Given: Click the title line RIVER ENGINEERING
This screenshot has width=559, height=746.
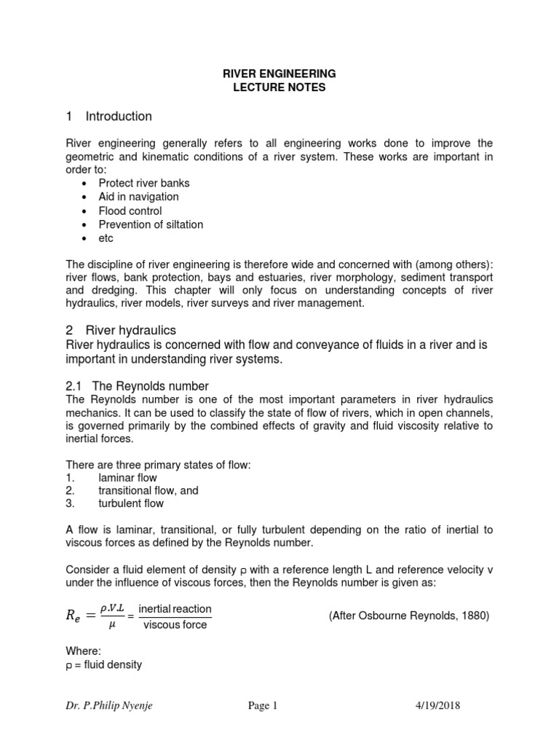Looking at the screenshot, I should (x=279, y=74).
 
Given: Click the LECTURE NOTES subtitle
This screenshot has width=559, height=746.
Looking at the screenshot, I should (x=279, y=87).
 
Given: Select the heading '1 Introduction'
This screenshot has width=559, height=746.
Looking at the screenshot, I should (x=108, y=117).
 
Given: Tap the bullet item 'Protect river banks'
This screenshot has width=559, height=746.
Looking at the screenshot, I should (x=144, y=183).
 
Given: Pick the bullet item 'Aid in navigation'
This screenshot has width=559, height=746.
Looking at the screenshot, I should (x=138, y=197).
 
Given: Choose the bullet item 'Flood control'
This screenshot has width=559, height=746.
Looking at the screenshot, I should (x=130, y=211).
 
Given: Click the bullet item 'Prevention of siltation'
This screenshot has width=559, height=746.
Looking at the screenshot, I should (x=151, y=224).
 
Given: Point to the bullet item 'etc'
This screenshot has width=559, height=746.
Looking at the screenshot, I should (x=106, y=238).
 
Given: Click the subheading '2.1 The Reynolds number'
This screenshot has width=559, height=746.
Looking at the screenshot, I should (x=138, y=385).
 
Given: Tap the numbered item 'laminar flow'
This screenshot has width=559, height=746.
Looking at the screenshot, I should (x=127, y=478).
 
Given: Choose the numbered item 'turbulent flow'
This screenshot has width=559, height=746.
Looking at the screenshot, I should (x=131, y=503).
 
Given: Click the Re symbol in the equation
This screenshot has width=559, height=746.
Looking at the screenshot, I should (x=76, y=616).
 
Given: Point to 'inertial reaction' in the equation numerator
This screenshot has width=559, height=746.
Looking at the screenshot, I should (x=175, y=608).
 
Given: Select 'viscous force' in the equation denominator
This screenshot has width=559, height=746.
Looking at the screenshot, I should (x=175, y=625).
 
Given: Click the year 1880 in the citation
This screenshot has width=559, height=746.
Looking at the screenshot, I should (x=475, y=616).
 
